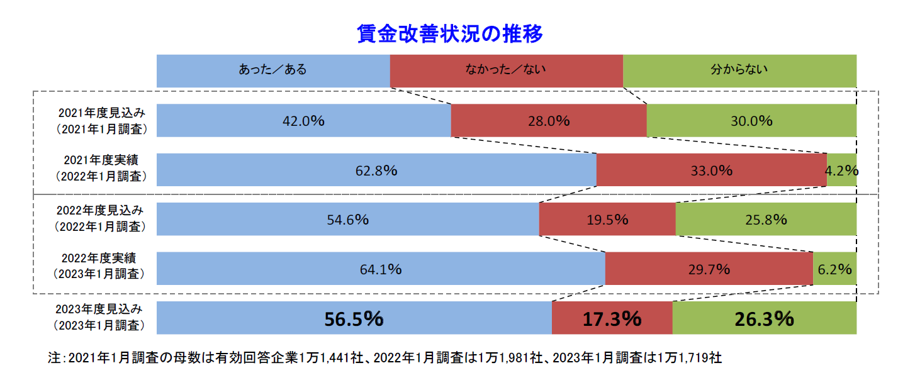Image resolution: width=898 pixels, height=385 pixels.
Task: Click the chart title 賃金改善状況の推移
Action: click(x=449, y=33)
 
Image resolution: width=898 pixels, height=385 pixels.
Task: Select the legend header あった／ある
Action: click(x=272, y=70)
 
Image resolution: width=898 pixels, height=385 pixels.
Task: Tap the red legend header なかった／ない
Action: click(x=506, y=70)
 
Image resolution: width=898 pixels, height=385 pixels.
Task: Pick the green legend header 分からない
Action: click(x=739, y=70)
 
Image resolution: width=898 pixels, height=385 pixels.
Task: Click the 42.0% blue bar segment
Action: click(x=303, y=121)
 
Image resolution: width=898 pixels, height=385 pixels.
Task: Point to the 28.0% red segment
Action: click(x=548, y=121)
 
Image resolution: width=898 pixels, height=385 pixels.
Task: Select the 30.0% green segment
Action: click(x=751, y=121)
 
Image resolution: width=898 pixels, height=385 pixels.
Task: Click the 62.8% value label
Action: click(x=376, y=170)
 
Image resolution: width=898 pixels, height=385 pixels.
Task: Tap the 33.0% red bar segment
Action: click(x=711, y=170)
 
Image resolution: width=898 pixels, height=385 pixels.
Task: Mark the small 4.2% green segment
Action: click(x=842, y=170)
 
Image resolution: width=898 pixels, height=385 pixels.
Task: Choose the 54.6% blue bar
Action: click(x=347, y=220)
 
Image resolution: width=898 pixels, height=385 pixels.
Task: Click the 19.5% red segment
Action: click(x=607, y=220)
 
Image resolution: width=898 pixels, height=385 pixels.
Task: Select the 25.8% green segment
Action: click(x=766, y=220)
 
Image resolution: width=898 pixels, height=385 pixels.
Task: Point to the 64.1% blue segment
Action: click(x=380, y=269)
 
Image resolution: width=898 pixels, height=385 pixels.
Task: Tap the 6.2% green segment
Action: click(x=835, y=269)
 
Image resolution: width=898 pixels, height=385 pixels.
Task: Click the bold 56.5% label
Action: click(x=354, y=319)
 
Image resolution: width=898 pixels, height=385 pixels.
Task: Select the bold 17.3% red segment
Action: click(x=612, y=319)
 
